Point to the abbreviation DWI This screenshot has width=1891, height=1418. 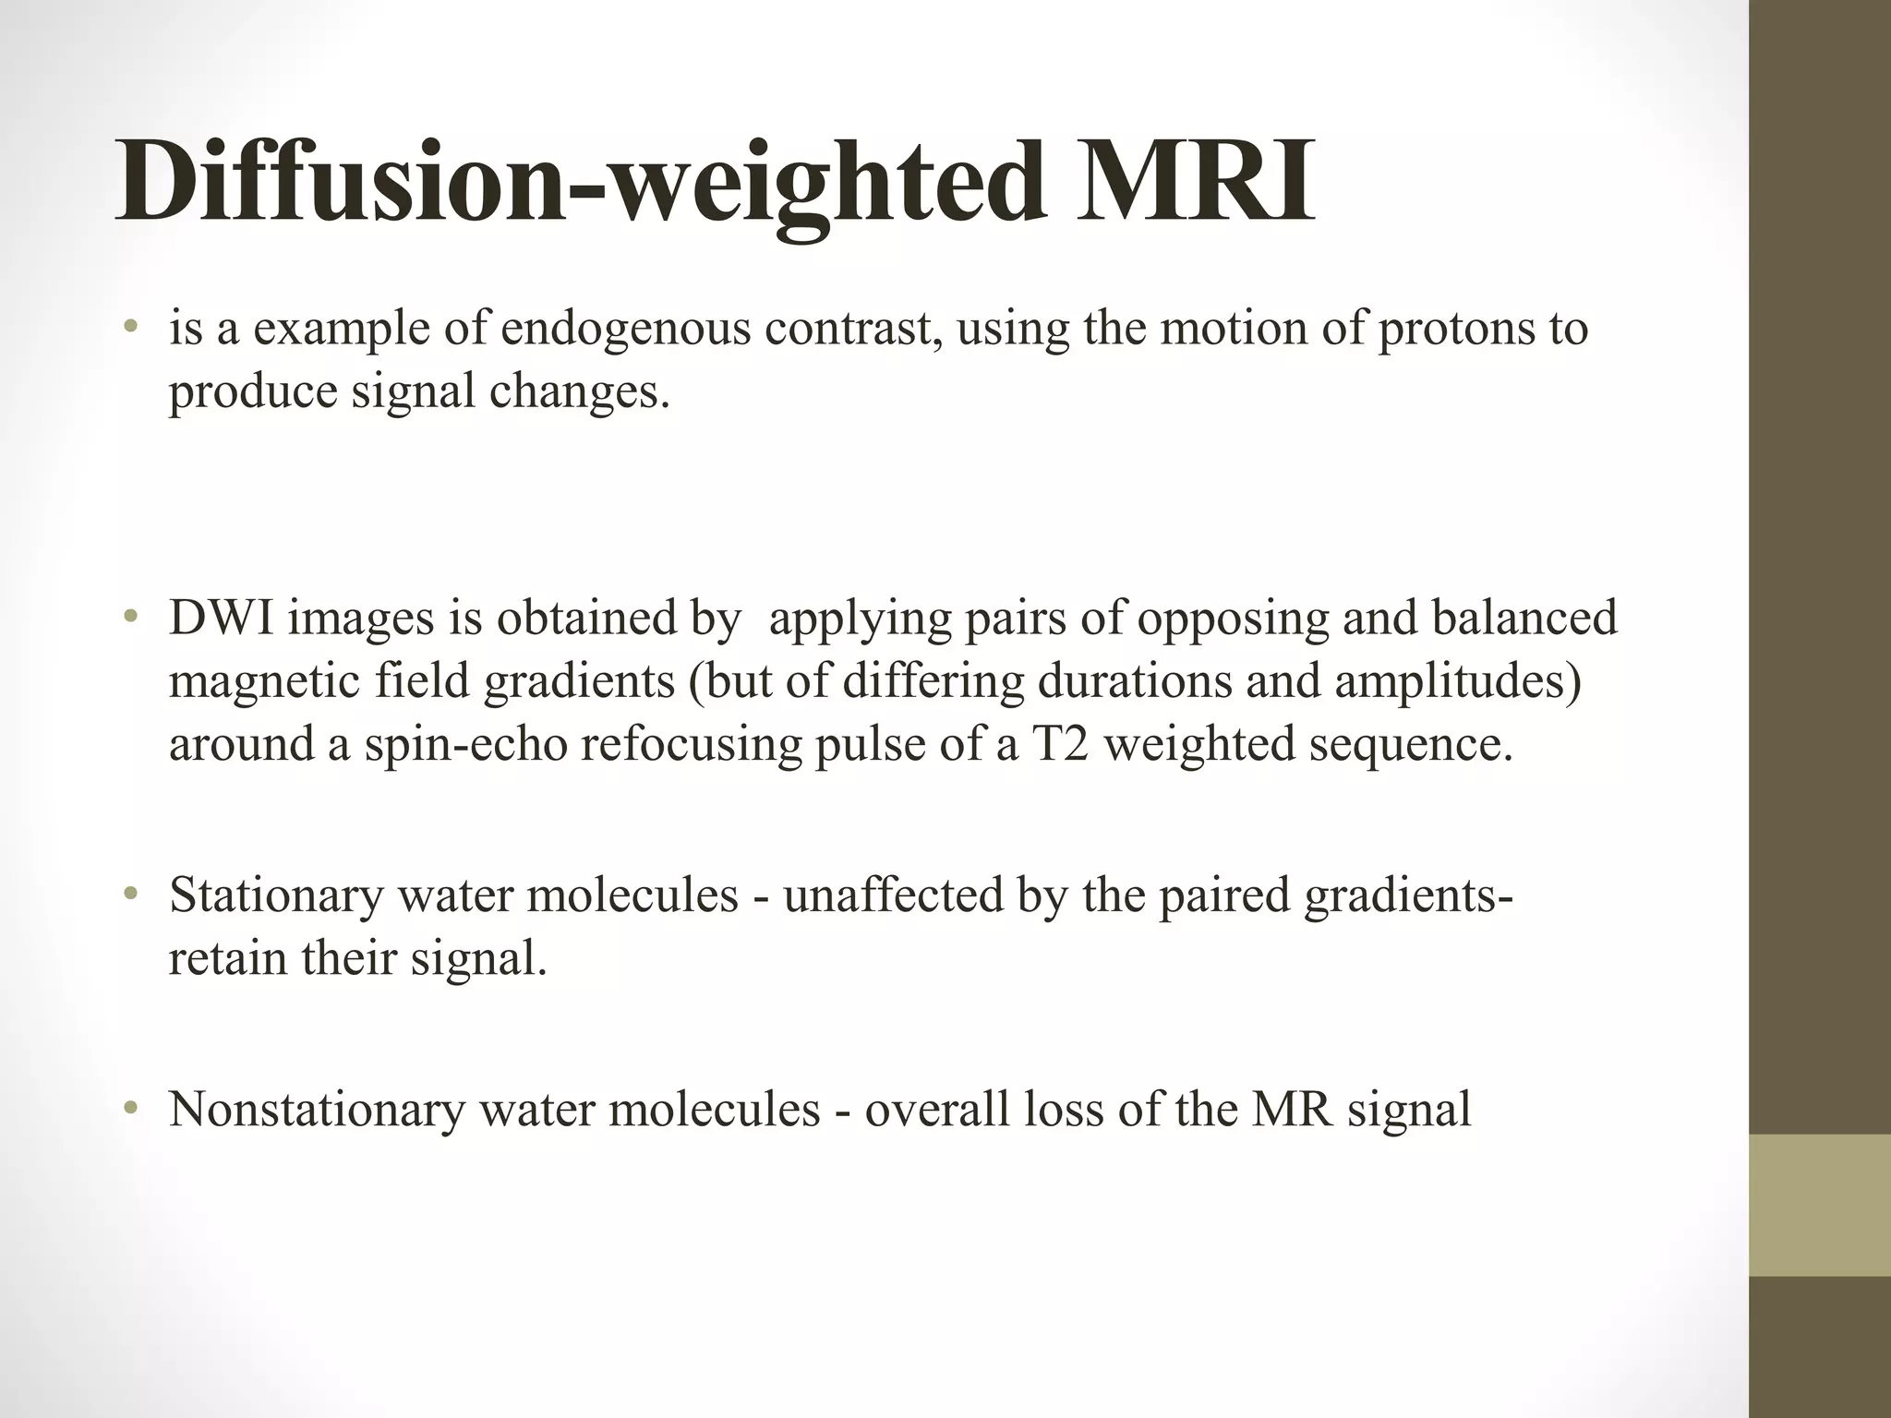(x=222, y=618)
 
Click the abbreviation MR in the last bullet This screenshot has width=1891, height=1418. (x=1292, y=1109)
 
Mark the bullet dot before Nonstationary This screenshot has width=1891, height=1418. (x=132, y=1108)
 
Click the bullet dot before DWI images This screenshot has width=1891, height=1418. (x=132, y=617)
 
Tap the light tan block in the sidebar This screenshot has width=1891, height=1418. (x=1820, y=1204)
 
